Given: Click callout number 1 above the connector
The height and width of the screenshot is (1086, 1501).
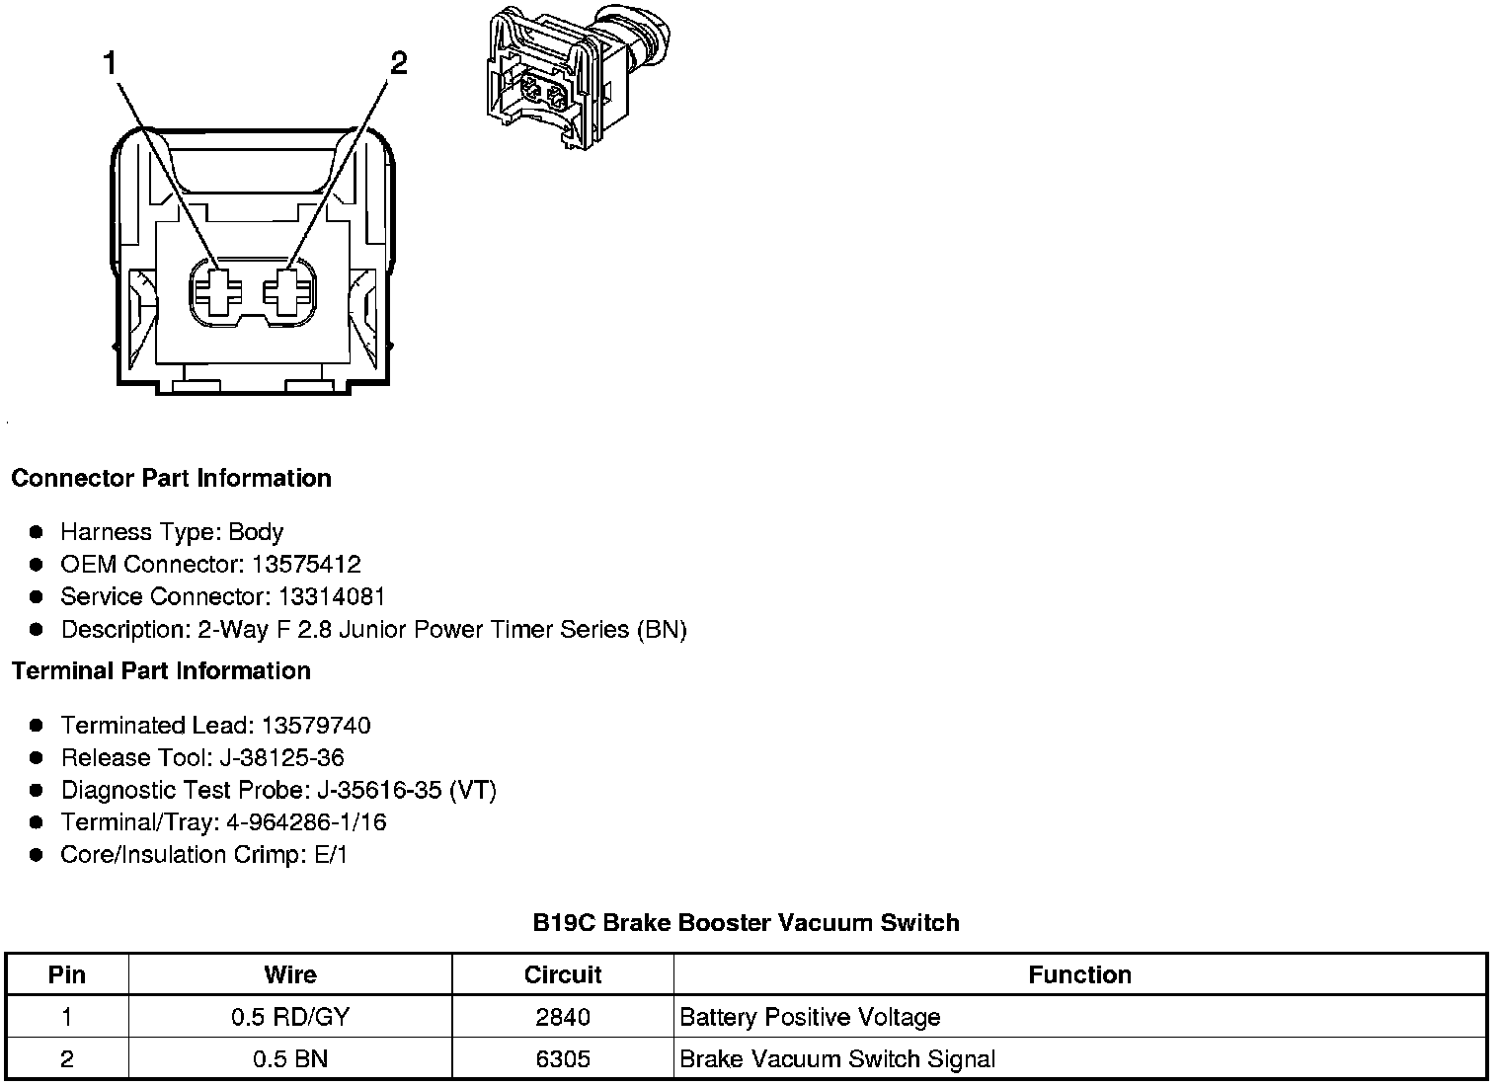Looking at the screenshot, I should coord(110,64).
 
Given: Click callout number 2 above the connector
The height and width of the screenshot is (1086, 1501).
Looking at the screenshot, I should coord(398,64).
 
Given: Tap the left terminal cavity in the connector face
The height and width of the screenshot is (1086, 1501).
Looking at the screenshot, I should coord(217,291).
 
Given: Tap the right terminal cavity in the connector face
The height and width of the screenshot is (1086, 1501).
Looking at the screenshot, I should coord(289,291).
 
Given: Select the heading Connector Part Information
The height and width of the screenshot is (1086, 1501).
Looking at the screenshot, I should coord(171,479).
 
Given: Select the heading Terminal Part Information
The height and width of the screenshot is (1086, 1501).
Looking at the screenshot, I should coord(161,671).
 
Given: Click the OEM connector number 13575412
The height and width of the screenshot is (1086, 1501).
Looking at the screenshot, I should coord(306,565).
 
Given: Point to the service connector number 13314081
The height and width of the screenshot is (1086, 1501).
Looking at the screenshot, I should coord(332,597).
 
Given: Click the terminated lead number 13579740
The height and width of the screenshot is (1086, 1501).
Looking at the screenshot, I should coord(316,726).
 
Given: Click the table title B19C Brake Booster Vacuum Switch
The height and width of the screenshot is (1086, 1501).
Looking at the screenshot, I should coord(746,923).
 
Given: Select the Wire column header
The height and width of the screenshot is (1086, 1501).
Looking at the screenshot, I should coord(290,975).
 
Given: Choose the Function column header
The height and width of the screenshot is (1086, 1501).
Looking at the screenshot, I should coord(1079,975).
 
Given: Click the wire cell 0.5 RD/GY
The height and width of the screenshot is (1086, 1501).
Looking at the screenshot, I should coord(290,1017).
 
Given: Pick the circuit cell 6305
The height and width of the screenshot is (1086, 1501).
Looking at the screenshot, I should coord(563,1059).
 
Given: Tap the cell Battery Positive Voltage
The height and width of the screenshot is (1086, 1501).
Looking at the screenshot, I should coord(810,1017).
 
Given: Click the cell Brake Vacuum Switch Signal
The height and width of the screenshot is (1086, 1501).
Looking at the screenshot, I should coord(837,1059).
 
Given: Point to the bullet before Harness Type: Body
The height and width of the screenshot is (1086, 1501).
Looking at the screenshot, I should coord(37,532).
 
